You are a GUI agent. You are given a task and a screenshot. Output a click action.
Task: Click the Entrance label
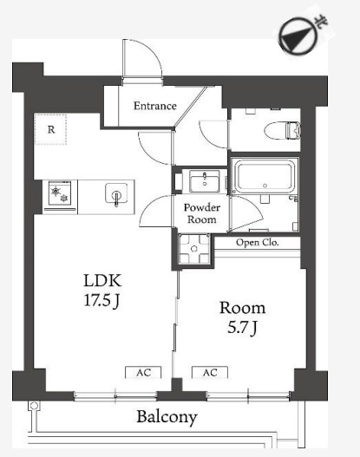[155, 106]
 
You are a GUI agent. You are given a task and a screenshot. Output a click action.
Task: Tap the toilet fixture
[282, 130]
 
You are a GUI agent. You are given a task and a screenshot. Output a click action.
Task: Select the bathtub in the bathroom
[265, 176]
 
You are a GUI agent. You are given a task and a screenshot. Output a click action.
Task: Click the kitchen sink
[116, 194]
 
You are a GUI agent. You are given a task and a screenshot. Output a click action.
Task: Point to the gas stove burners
[60, 194]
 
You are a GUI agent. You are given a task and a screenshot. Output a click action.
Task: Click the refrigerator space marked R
[50, 129]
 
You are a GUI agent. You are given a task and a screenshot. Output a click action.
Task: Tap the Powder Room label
[202, 213]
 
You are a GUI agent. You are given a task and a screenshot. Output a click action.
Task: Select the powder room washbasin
[205, 181]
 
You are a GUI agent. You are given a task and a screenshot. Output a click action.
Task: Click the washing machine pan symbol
[194, 249]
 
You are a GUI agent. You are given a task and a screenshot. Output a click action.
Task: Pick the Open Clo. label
[257, 243]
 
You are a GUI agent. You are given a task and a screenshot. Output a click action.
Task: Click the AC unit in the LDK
[143, 372]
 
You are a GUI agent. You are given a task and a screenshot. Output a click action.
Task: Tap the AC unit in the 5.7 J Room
[210, 372]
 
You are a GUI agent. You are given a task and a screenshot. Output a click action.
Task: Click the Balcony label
[167, 417]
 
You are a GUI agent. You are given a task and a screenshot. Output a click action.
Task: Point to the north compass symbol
[296, 36]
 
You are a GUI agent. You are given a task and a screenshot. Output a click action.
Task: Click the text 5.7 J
[243, 328]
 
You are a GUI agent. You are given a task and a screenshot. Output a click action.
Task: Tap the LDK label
[102, 280]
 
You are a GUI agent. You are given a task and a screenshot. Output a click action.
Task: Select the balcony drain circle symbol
[34, 406]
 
